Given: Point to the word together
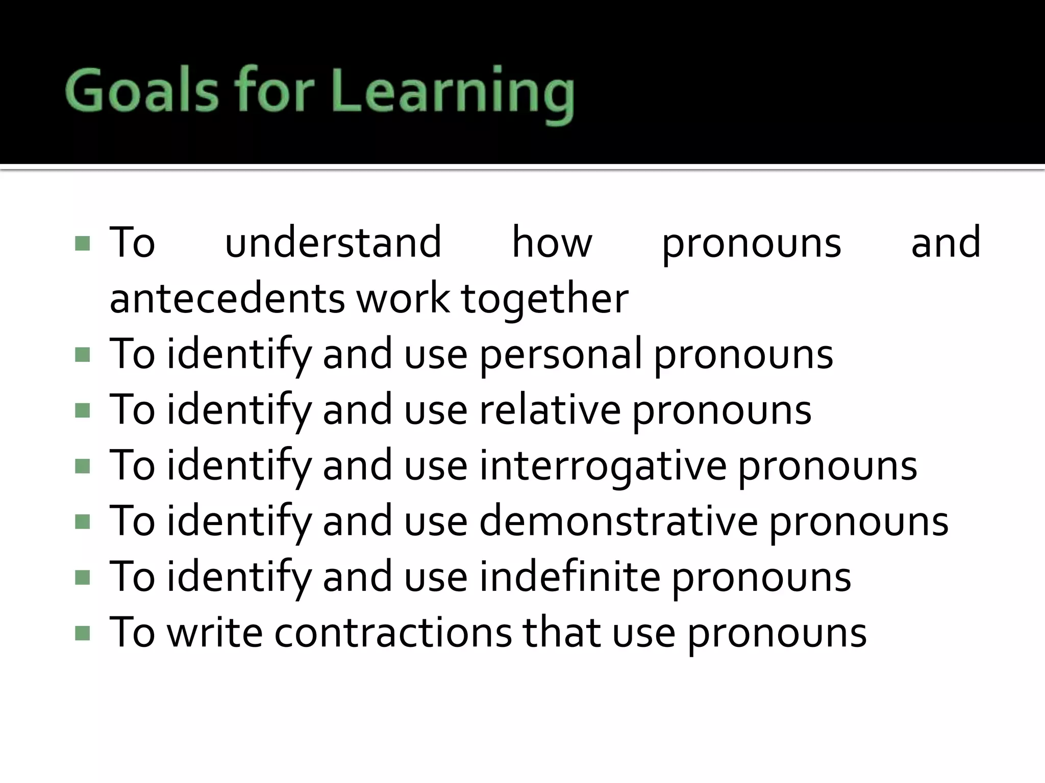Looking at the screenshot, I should coord(544,300).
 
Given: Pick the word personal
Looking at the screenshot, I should coord(560,354).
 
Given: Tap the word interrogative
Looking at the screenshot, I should coord(603,466).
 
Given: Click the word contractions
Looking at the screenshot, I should coord(393,633).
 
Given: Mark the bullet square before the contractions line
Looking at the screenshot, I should coord(82,633).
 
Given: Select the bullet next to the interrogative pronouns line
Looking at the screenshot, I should coord(82,466).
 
